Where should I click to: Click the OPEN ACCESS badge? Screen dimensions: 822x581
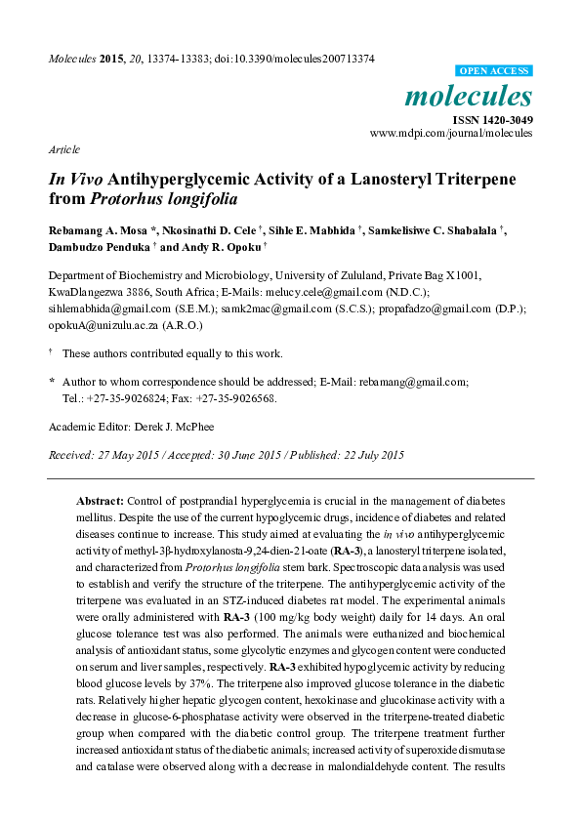pos(494,71)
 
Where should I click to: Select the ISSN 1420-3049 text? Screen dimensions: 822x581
pos(491,120)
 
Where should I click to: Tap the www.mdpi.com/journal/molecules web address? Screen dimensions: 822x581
pos(450,133)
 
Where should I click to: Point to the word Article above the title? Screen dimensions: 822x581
pos(63,149)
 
